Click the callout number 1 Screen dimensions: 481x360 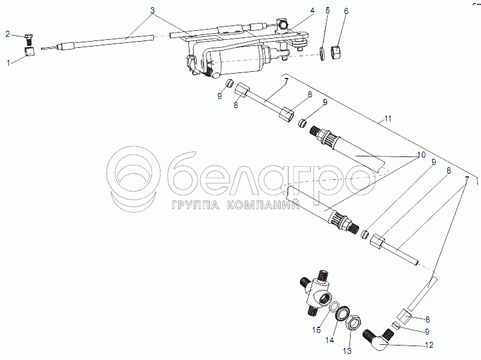tap(8, 63)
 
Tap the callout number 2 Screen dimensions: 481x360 tap(8, 34)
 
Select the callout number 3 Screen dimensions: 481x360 tap(152, 10)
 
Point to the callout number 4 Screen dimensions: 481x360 tap(312, 11)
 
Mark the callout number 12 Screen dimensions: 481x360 tap(429, 345)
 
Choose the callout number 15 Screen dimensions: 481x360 tap(316, 330)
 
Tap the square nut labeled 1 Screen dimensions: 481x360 tap(29, 51)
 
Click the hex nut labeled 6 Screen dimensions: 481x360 tap(337, 51)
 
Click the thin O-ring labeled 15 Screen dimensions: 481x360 tap(334, 307)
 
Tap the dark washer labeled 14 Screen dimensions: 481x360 tap(342, 313)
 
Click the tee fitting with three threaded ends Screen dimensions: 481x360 tap(317, 291)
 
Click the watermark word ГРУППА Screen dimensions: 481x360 tap(196, 205)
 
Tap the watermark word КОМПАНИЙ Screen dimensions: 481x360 tap(264, 204)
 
